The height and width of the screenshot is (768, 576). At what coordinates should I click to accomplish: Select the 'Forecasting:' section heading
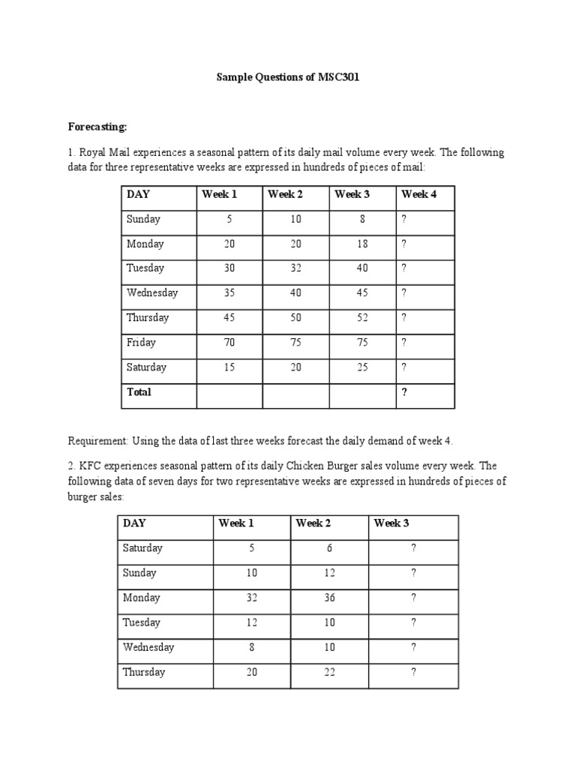[x=97, y=127]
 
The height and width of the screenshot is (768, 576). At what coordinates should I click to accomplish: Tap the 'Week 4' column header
[x=419, y=194]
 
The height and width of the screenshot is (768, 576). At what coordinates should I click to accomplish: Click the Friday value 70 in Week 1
[x=229, y=343]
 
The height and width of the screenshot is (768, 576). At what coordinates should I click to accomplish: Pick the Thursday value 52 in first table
[x=362, y=318]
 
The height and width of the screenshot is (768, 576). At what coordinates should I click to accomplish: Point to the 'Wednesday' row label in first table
[x=152, y=293]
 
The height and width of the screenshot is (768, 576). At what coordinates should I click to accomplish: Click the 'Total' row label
[x=139, y=392]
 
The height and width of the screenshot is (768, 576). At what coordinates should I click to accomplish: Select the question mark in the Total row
[x=405, y=392]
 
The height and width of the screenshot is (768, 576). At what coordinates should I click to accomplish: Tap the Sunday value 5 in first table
[x=229, y=219]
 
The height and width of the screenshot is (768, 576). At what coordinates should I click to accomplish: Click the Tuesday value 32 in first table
[x=296, y=268]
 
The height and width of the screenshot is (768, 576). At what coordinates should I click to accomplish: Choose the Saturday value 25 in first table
[x=362, y=367]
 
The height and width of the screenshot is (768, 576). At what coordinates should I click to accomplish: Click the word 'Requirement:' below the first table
[x=98, y=440]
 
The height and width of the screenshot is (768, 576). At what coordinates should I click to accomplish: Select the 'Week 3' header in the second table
[x=391, y=523]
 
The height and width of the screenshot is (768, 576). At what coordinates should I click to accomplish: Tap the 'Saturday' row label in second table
[x=143, y=548]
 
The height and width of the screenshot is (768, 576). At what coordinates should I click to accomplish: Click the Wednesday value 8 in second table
[x=252, y=647]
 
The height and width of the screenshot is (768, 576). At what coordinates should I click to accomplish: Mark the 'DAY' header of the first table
[x=138, y=194]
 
